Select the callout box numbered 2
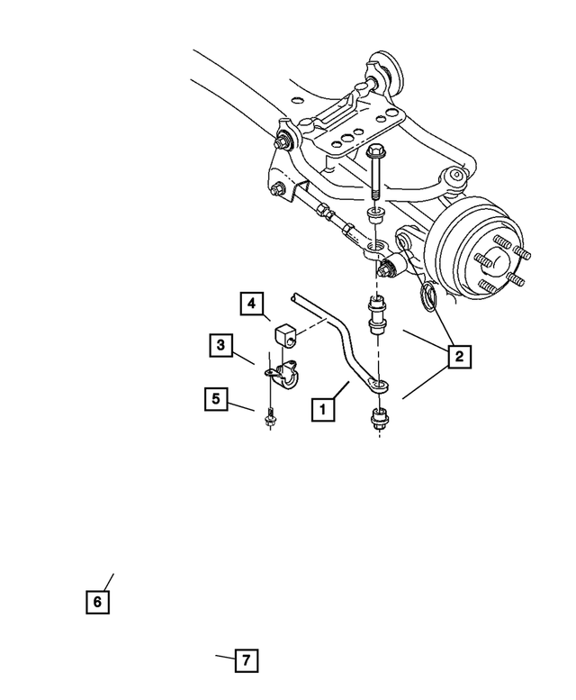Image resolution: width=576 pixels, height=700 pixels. pos(458,358)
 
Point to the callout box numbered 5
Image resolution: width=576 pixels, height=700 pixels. pos(215,397)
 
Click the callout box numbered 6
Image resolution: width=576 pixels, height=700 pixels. pos(97,601)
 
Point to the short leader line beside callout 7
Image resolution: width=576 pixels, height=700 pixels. pos(223,658)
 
